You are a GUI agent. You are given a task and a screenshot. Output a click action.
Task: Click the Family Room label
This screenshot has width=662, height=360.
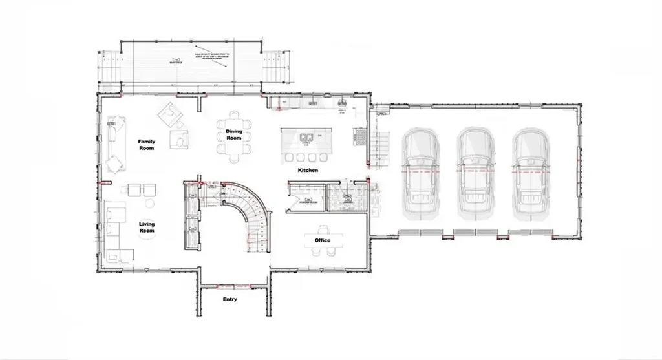coord(147,144)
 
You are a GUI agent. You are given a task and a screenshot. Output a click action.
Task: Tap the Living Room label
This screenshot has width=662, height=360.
coord(147,227)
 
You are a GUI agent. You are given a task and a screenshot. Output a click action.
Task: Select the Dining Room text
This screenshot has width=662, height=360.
coord(233,134)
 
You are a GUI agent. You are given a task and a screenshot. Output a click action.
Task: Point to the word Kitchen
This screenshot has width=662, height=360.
coord(308,170)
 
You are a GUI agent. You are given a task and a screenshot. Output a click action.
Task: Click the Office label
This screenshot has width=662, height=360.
coord(323,240)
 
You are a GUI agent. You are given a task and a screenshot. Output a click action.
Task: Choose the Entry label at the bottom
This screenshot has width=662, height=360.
coord(230,299)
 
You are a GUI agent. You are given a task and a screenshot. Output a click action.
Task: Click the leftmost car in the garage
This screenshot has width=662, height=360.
coord(420,173)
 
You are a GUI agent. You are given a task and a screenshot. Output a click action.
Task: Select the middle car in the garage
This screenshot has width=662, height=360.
coord(475,173)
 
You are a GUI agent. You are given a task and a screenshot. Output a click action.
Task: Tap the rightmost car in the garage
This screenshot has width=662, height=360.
coord(530,173)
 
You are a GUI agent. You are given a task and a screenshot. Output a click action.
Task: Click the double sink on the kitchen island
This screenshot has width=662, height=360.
coord(306,137)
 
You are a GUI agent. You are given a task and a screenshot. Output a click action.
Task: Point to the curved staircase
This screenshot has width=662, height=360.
coord(249,210)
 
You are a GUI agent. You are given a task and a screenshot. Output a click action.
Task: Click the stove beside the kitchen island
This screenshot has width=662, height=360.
coord(359,136)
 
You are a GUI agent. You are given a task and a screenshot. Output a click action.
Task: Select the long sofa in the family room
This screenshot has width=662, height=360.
coord(115,143)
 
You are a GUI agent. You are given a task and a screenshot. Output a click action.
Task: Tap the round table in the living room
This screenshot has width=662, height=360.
coord(150,203)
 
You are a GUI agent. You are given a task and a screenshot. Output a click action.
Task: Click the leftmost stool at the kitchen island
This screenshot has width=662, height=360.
coord(289,158)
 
